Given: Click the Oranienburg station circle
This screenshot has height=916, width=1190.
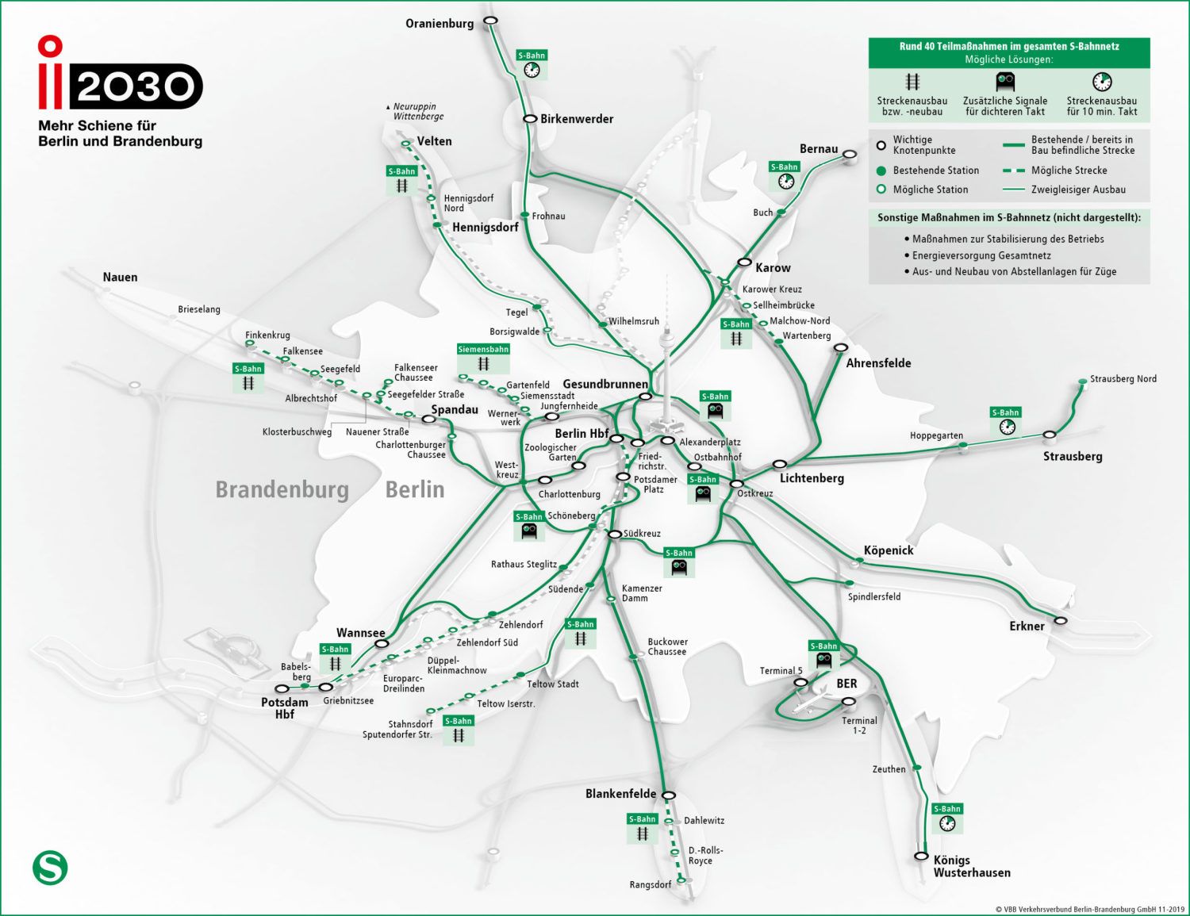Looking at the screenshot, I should click(491, 21).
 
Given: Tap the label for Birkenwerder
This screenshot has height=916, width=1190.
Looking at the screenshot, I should click(577, 119).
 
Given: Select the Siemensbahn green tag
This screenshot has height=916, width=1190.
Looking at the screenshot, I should click(483, 349).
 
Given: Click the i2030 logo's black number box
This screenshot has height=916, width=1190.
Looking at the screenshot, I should click(136, 86).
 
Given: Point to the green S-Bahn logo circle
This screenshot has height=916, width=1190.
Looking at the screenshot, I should click(50, 868).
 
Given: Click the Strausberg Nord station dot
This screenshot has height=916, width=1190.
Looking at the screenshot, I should click(1083, 382).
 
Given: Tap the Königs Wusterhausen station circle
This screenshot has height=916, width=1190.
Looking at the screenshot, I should click(921, 856).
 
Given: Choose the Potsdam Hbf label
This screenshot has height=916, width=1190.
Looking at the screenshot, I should click(285, 708).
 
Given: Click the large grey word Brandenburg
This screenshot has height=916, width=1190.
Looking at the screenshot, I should click(282, 489).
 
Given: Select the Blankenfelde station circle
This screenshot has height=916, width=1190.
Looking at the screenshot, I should click(669, 795).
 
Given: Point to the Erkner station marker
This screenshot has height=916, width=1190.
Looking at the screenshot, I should click(1061, 620).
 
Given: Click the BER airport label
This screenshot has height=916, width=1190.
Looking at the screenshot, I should click(846, 684).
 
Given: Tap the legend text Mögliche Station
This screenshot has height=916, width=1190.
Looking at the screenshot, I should click(930, 190).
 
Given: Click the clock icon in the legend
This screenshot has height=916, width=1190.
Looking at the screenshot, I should click(1102, 82).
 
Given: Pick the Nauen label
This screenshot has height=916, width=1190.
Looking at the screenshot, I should click(120, 277).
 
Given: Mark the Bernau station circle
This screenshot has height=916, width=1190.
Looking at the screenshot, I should click(850, 154).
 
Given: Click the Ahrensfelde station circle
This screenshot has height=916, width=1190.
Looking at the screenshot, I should click(841, 347).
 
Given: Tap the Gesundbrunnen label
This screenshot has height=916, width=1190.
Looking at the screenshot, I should click(605, 384).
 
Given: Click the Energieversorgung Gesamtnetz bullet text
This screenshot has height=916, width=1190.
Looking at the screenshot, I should click(981, 255).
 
